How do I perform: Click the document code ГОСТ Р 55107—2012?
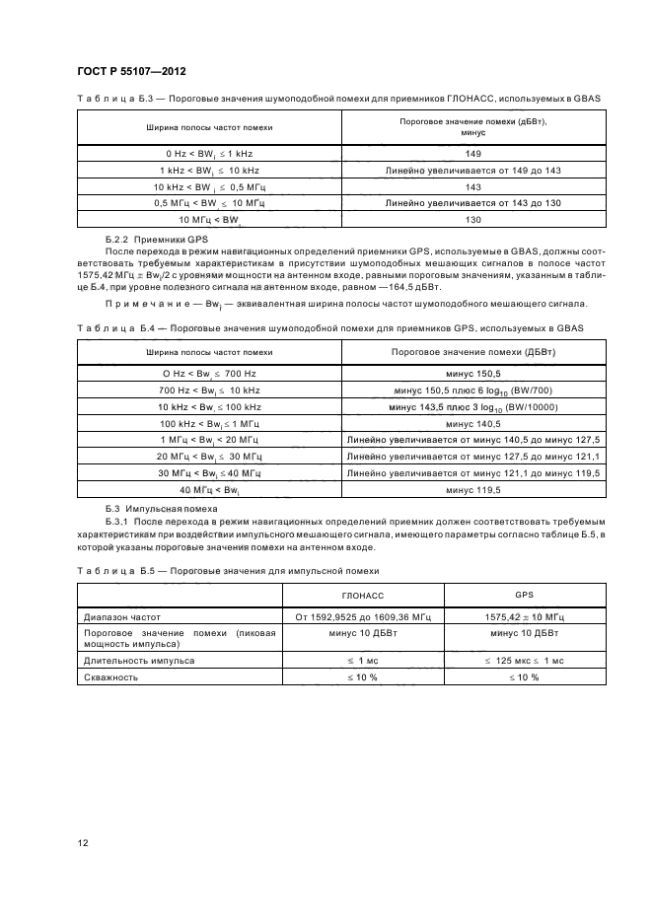point(131,72)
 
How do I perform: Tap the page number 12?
point(83,842)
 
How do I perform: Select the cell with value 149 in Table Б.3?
point(471,155)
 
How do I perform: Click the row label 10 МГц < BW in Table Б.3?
point(209,218)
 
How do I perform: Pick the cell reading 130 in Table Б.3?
point(471,218)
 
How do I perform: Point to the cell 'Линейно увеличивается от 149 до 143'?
point(471,171)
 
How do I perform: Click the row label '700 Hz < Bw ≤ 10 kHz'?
point(209,390)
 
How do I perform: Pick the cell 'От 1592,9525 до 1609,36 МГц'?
point(363,616)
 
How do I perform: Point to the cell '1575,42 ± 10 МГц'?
point(524,616)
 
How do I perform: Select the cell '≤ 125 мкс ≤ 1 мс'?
point(524,661)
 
